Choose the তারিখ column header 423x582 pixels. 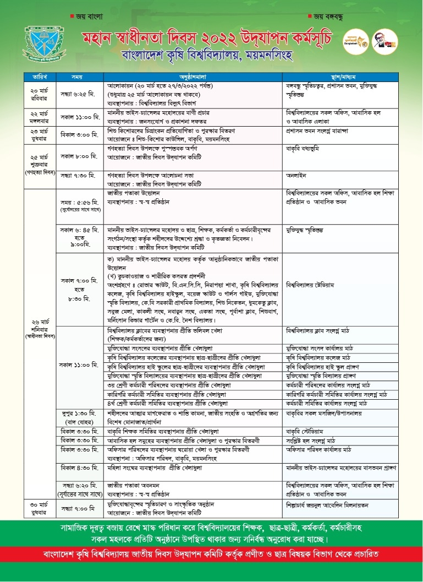pyautogui.click(x=39, y=75)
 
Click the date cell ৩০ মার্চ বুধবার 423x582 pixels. pyautogui.click(x=39, y=509)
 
